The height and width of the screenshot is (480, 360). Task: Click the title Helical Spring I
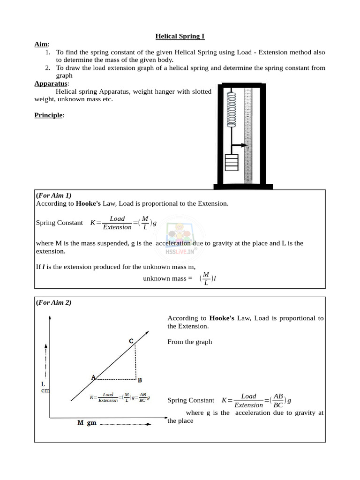point(180,36)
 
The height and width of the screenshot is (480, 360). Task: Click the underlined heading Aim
point(41,44)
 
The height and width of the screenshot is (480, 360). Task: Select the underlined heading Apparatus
point(51,83)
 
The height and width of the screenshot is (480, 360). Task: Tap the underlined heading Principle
point(49,115)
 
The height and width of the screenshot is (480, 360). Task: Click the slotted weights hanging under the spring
point(232,162)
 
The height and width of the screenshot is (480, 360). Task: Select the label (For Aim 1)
point(54,195)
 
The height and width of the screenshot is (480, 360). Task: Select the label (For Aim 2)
point(54,303)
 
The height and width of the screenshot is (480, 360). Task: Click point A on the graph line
point(93,377)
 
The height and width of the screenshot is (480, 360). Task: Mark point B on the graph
point(139,380)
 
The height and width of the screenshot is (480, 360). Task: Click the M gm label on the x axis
point(87,423)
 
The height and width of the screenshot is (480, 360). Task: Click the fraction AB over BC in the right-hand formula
point(278,400)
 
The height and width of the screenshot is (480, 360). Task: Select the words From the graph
point(189,342)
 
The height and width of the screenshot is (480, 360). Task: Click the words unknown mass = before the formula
point(168,278)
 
